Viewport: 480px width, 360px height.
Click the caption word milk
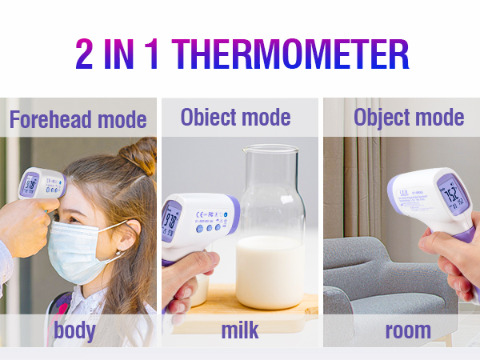(241, 330)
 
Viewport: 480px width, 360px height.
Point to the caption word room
(407, 330)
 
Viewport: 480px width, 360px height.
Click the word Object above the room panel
(380, 118)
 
